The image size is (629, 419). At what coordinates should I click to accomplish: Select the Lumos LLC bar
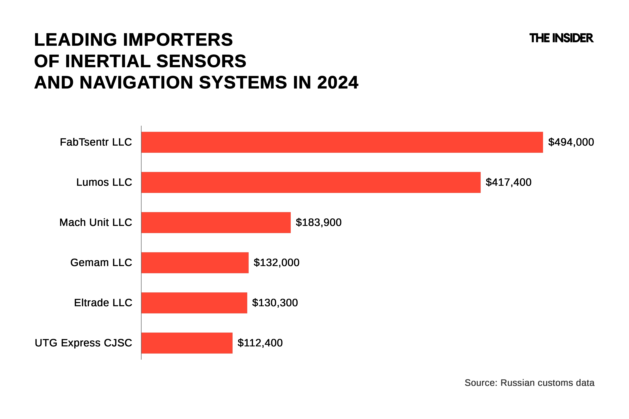coord(311,182)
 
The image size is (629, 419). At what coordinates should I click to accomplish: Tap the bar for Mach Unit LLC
coord(216,222)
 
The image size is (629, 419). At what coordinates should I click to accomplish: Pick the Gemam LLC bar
coord(195,262)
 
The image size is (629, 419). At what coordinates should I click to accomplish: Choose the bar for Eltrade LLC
coord(194,303)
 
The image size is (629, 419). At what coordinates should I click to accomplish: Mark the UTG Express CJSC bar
coord(187,343)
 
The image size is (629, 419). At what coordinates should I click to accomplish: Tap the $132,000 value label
coord(276,262)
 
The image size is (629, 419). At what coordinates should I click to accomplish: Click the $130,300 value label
coord(275,303)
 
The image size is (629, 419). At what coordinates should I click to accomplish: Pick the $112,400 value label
coord(260,343)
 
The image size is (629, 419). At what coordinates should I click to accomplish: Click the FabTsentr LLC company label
coord(96,142)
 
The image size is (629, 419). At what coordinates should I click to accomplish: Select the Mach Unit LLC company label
coord(95,222)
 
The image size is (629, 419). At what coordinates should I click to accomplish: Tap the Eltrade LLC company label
coord(103,303)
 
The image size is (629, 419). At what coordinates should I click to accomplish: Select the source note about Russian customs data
coord(529,383)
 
